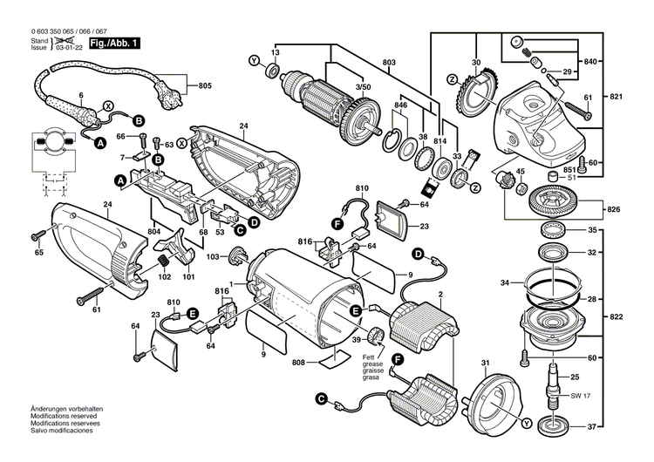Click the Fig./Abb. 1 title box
pos(114,42)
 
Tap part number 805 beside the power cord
pos(204,85)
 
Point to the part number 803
pos(388,63)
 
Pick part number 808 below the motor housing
pos(298,361)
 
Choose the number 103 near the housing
pos(211,257)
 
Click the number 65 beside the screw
pos(38,252)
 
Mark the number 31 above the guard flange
pos(486,362)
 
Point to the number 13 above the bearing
pos(274,53)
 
